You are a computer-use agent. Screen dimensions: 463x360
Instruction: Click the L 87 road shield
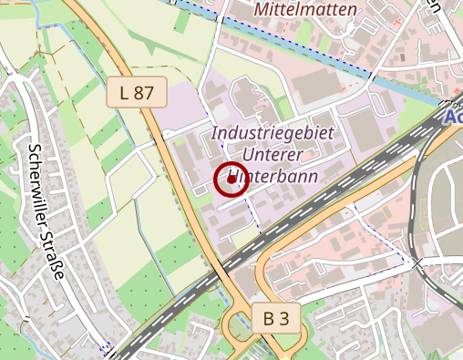pos(137,91)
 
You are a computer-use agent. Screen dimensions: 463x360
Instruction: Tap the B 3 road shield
pos(276,318)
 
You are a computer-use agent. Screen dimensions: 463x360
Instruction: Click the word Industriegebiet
pos(273,133)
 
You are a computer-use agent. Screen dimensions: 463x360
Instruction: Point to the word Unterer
pos(273,154)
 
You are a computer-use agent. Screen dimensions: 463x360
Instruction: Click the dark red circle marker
pos(230,180)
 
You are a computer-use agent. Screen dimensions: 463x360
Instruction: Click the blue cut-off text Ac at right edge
pos(453,118)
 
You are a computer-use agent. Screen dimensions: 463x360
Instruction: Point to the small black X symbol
pos(417,263)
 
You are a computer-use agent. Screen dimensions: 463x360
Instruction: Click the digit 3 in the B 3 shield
pos(286,318)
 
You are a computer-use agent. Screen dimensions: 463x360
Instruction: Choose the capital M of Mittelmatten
pos(264,8)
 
